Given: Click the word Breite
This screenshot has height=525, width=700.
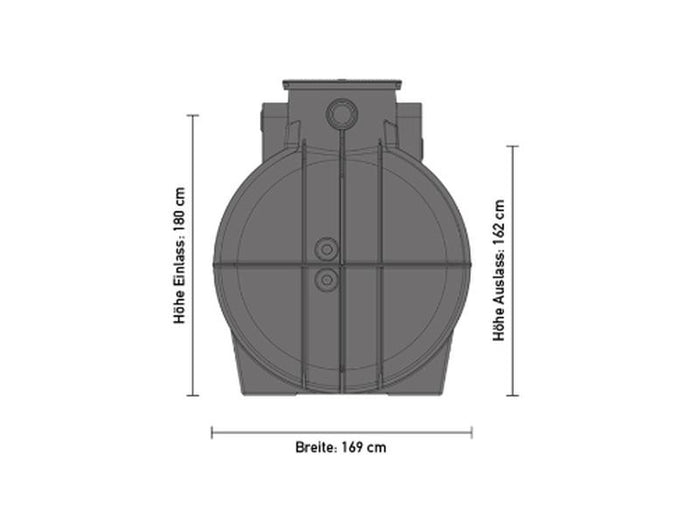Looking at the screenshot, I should [315, 448].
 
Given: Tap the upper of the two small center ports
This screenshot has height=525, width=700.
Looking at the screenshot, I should [326, 248].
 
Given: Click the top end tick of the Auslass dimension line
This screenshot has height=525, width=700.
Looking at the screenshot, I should [514, 146].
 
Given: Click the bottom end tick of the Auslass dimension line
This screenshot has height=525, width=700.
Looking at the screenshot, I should [514, 395].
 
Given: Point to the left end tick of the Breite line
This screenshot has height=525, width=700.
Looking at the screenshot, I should [212, 432].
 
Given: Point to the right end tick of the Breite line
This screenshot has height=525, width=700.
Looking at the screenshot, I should [472, 432].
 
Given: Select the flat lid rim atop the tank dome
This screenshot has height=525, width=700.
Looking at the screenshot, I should [342, 81].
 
